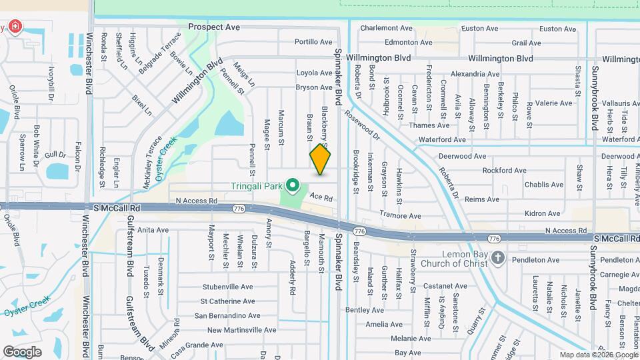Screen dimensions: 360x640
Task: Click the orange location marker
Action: coord(320,159)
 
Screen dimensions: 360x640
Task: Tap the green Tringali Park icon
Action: coord(292,184)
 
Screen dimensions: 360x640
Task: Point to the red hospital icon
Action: coord(14,28)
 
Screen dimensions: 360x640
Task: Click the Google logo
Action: coord(22,351)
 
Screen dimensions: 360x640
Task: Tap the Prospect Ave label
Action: coord(213,27)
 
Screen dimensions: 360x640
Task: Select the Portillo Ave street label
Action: coord(313,41)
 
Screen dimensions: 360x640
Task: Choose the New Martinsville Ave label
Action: coord(241,330)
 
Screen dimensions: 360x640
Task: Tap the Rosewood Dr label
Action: coord(361,125)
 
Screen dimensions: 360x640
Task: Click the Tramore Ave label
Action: coord(400,216)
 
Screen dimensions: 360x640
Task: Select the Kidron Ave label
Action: coord(543,213)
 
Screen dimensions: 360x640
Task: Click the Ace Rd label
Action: coord(321,197)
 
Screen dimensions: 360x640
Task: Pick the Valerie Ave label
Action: coord(554,103)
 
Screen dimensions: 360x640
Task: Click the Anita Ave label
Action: coord(153,230)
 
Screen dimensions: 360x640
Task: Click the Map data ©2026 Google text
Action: coord(597,355)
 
